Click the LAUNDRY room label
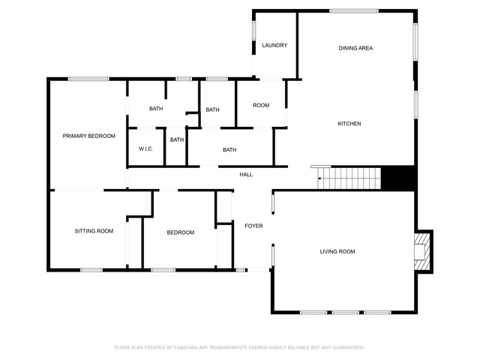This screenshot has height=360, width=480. click(x=274, y=45)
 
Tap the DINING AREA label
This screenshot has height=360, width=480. click(x=355, y=48)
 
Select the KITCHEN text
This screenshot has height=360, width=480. click(x=349, y=124)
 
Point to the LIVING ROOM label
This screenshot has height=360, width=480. click(x=337, y=252)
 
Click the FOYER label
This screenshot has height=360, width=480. click(x=253, y=226)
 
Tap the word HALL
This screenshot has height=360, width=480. click(x=246, y=175)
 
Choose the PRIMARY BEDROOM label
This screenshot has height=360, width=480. click(x=89, y=136)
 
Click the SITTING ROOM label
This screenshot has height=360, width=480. click(x=94, y=231)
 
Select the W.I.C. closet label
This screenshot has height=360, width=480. click(x=145, y=149)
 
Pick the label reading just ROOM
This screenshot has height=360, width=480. click(x=261, y=105)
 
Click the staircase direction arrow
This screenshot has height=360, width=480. click(x=319, y=178)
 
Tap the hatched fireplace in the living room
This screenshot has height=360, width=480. click(x=421, y=252)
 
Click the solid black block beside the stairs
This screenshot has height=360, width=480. click(x=397, y=178)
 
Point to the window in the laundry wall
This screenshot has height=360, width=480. click(x=253, y=30)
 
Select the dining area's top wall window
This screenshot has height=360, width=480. click(x=354, y=11)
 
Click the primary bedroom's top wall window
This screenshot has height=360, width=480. click(x=88, y=79)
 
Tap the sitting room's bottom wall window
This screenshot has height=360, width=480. click(x=91, y=270)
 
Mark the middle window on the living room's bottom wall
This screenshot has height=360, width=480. click(x=346, y=313)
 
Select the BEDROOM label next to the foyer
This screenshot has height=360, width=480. click(x=181, y=232)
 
